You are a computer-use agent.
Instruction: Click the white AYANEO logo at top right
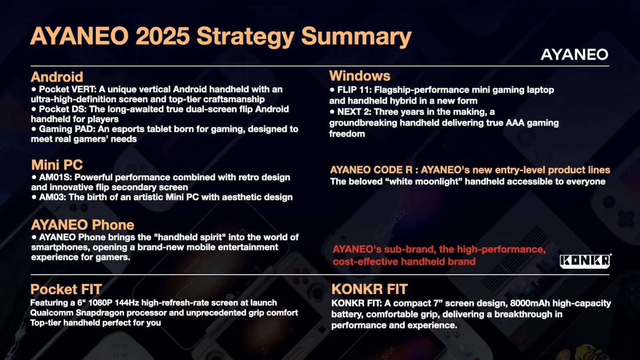coord(574,54)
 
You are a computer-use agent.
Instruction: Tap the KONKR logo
coord(585,261)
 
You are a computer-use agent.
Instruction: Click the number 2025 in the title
coord(162,36)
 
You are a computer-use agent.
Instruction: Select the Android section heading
coord(57,76)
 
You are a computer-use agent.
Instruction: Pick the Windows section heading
coord(360,76)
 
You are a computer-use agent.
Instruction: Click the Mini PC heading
coord(57,164)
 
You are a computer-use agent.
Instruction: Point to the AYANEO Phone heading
coord(82,225)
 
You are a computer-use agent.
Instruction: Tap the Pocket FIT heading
coord(66,289)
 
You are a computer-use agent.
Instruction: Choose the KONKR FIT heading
coord(370,289)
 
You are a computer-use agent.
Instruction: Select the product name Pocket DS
coord(63,109)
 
